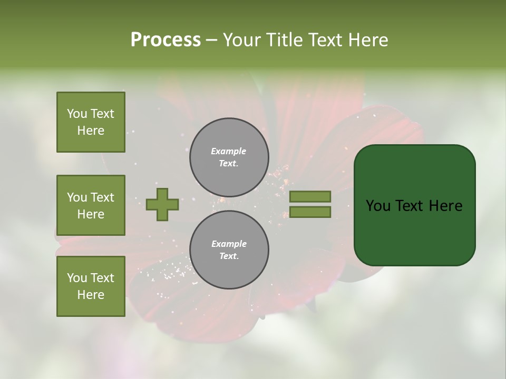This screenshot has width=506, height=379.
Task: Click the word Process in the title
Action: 166,40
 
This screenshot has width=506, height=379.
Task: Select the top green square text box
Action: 91,122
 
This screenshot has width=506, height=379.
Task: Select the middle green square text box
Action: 91,205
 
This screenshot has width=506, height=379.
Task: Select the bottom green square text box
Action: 91,286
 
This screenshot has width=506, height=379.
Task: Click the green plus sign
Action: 162,204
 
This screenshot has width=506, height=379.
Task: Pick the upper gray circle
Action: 229,157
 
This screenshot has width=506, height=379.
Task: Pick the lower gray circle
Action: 229,250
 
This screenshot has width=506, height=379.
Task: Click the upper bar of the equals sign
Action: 310,196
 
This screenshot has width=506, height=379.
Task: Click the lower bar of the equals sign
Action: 310,212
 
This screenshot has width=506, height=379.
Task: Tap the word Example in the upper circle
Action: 229,151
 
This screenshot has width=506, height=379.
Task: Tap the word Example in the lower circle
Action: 229,244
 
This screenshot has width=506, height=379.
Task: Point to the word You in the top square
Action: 77,114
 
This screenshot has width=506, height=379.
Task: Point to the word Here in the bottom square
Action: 91,295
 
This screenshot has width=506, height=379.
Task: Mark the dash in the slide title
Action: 211,40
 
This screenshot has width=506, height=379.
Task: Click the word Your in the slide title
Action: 242,40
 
